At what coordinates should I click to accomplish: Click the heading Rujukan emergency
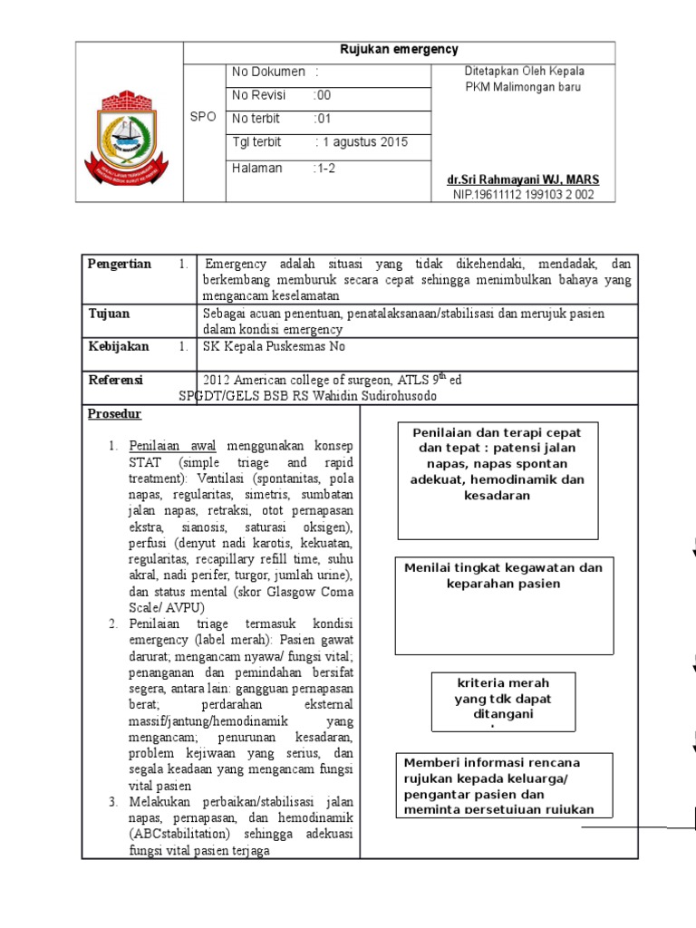pos(399,51)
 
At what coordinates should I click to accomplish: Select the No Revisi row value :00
pos(323,94)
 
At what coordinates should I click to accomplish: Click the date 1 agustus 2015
pos(362,142)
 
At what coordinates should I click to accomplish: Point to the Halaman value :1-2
pos(324,168)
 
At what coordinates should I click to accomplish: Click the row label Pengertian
pos(120,264)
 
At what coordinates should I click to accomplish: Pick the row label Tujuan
pos(109,314)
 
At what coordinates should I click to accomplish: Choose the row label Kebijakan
pos(119,346)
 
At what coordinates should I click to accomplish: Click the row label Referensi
pos(115,380)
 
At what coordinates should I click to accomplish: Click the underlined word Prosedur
pos(109,414)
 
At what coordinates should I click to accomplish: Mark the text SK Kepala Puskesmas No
pos(275,346)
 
